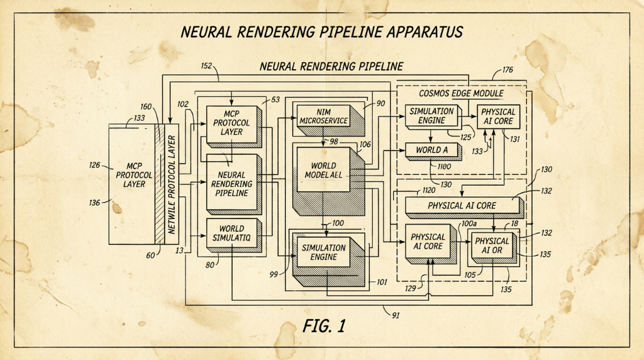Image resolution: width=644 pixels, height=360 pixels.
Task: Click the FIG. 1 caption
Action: (324, 326)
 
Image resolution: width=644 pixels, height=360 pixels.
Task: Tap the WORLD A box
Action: (431, 150)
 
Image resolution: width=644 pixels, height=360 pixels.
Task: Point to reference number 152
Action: (206, 65)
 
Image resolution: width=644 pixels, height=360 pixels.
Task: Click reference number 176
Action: (508, 70)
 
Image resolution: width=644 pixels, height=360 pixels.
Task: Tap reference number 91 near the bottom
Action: (395, 315)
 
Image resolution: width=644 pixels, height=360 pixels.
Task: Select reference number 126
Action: (94, 165)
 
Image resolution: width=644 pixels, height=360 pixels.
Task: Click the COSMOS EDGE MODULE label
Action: (461, 93)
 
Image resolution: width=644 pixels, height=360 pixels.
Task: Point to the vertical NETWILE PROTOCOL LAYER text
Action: (172, 184)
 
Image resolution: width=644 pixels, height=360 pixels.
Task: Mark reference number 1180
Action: (444, 166)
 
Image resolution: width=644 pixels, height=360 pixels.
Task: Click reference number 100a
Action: (469, 224)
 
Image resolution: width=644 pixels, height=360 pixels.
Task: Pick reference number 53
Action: (275, 99)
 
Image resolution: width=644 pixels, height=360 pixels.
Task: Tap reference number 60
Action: (150, 256)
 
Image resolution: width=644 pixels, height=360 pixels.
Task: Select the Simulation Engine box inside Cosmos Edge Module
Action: (431, 115)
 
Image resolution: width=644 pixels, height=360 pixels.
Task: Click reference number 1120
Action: (429, 191)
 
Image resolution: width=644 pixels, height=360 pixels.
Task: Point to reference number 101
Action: (382, 282)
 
